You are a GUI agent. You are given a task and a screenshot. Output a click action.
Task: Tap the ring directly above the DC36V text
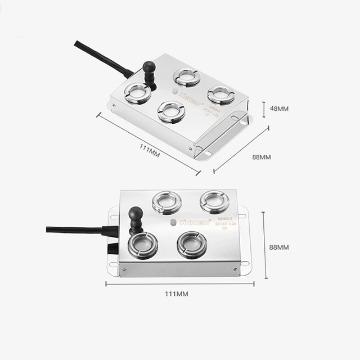(214, 201)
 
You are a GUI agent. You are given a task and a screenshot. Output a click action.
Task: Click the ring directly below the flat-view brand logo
(191, 245)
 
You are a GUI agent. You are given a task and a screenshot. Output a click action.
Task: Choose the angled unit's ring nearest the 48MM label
(221, 95)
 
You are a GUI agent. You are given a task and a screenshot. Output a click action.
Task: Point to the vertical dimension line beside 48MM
(265, 108)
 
